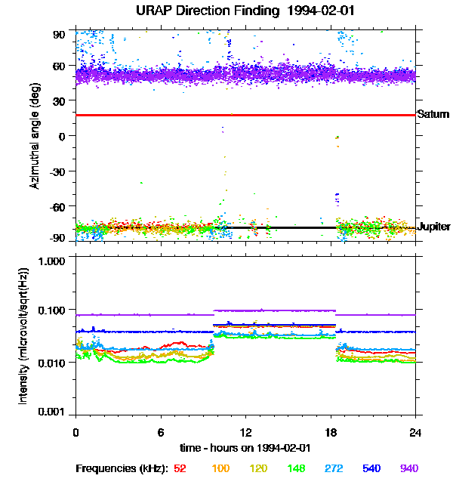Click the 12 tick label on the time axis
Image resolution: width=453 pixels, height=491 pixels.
point(245,432)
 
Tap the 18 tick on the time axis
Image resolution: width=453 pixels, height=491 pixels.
point(331,432)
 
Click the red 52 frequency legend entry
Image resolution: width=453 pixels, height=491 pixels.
point(180,468)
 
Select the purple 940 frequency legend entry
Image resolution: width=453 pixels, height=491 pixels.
point(408,468)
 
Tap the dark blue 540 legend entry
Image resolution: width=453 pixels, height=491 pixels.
point(371,468)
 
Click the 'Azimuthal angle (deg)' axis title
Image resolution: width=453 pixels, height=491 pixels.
point(35,135)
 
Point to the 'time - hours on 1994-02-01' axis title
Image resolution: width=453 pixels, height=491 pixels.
point(246,447)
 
